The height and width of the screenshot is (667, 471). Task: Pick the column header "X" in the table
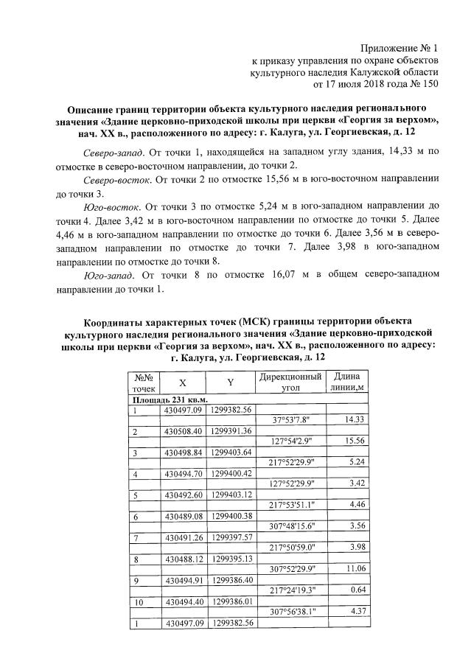pos(183,383)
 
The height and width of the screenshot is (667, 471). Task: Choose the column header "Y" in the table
pos(230,383)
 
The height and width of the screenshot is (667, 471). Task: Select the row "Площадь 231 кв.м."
pos(166,399)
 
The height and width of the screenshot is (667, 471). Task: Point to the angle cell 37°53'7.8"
pos(294,419)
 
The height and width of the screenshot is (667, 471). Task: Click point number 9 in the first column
pos(136,580)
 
